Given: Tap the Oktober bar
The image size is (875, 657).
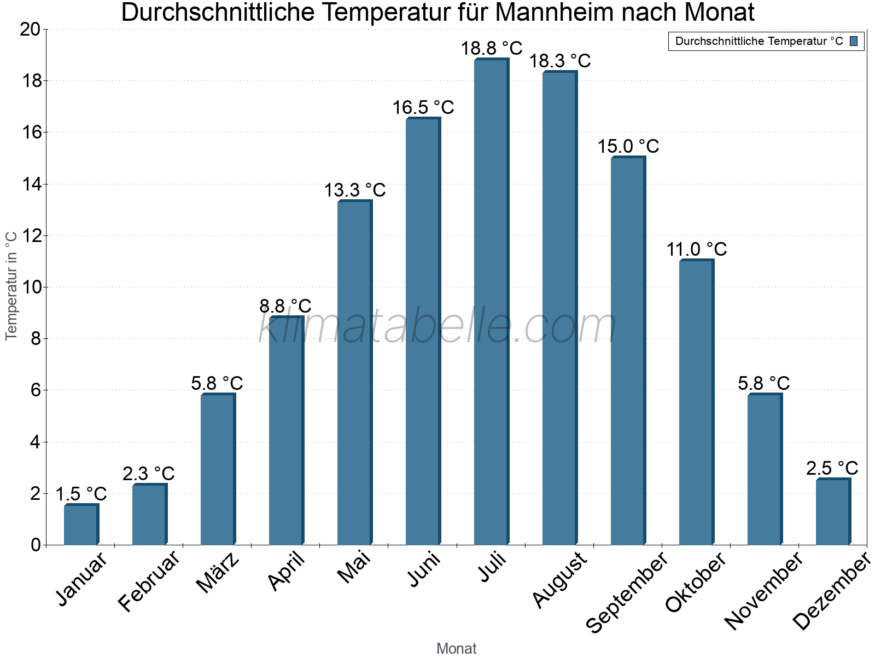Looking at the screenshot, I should [696, 402].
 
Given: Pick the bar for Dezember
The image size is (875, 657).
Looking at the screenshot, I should [833, 512].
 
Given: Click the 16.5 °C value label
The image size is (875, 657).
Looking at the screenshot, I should [423, 107].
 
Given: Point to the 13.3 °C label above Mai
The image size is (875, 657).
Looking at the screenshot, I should [355, 191].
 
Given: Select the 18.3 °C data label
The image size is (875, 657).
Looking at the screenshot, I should [560, 61].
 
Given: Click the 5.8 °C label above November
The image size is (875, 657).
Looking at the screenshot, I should [764, 383].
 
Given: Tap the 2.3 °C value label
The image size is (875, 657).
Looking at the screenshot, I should [149, 474].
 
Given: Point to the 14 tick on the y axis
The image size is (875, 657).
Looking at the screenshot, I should [31, 185].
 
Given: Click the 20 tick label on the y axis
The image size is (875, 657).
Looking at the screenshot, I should [31, 30].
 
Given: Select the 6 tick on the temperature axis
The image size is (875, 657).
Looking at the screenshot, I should [36, 390].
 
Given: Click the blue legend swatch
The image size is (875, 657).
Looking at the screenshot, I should [854, 41].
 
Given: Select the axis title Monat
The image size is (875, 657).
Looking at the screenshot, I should [457, 648].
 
